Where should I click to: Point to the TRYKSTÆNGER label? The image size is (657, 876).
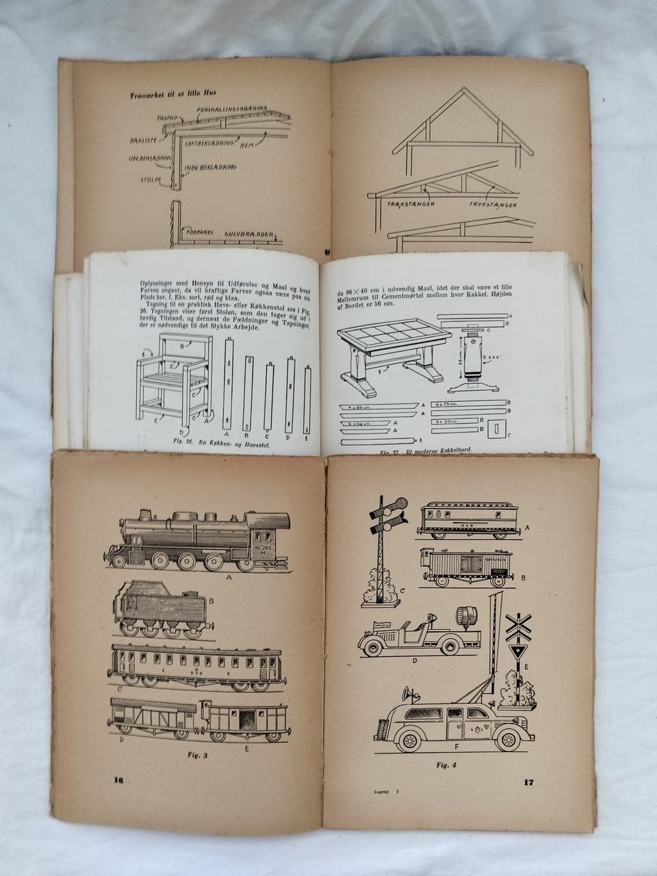tap(493, 205)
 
